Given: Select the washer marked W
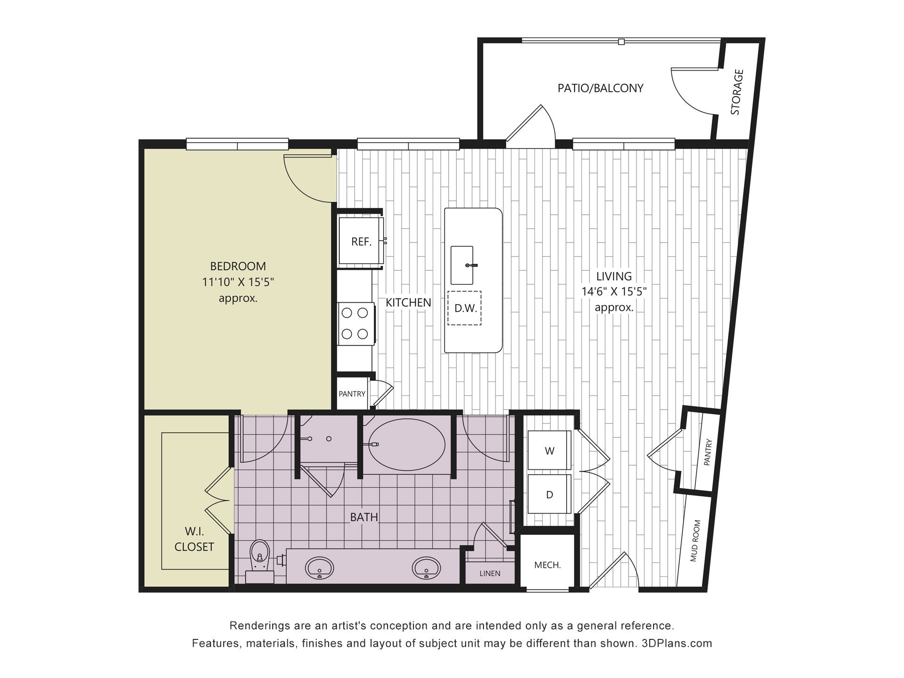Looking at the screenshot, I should [549, 451].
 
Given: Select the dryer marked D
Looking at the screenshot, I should [549, 494].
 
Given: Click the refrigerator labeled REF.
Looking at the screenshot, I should [361, 242].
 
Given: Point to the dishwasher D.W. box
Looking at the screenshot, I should [465, 308].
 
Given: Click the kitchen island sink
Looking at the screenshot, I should [462, 265].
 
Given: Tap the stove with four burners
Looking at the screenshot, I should [355, 323].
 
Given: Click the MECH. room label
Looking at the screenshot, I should [547, 565].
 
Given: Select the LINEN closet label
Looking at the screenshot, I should [490, 573].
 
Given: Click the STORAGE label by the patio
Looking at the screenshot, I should [737, 92].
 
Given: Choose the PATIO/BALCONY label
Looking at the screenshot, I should [600, 88].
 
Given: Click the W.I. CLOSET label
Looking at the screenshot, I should [194, 539].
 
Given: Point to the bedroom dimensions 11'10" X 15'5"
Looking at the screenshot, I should [238, 282].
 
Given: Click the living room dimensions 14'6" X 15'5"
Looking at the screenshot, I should [614, 291].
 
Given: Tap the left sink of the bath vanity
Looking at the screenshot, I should [320, 567].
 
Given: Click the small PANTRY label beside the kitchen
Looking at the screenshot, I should [352, 394].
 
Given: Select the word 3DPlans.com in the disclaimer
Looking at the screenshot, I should [677, 643].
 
